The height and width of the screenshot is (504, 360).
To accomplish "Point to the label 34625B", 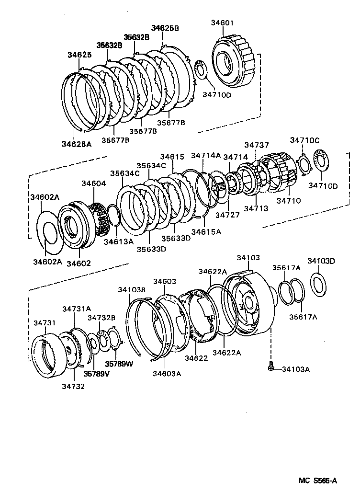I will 165,28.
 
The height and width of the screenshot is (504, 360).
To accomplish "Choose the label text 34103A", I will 296,369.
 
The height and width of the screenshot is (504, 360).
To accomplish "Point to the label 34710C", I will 304,140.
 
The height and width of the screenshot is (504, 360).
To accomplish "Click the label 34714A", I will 205,155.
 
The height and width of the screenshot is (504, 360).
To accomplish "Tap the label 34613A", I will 118,241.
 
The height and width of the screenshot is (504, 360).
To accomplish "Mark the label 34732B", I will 101,318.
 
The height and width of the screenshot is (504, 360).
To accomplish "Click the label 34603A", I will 167,374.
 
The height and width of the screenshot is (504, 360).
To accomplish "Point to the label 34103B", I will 132,289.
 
